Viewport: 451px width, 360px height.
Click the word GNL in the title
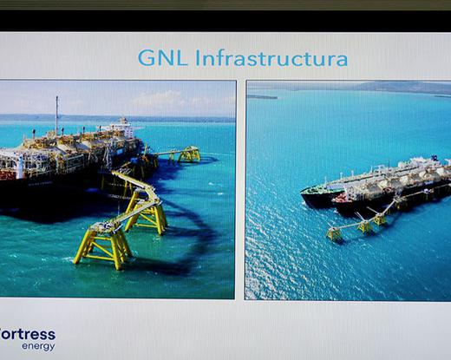[x=162, y=58]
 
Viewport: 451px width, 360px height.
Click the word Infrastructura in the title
[x=271, y=58]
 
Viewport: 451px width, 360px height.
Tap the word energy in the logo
[x=38, y=346]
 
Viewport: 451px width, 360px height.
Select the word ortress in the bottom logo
[x=28, y=335]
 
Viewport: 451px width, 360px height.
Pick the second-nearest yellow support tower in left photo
[x=145, y=213]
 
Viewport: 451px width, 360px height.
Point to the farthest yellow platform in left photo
[x=189, y=154]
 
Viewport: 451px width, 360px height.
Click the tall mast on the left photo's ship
[x=57, y=115]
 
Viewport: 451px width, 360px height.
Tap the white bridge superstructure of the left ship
[x=123, y=127]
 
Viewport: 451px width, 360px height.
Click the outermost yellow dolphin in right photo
[x=335, y=233]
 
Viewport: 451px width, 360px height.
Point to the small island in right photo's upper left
[x=262, y=97]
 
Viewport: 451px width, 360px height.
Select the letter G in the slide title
[x=146, y=58]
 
